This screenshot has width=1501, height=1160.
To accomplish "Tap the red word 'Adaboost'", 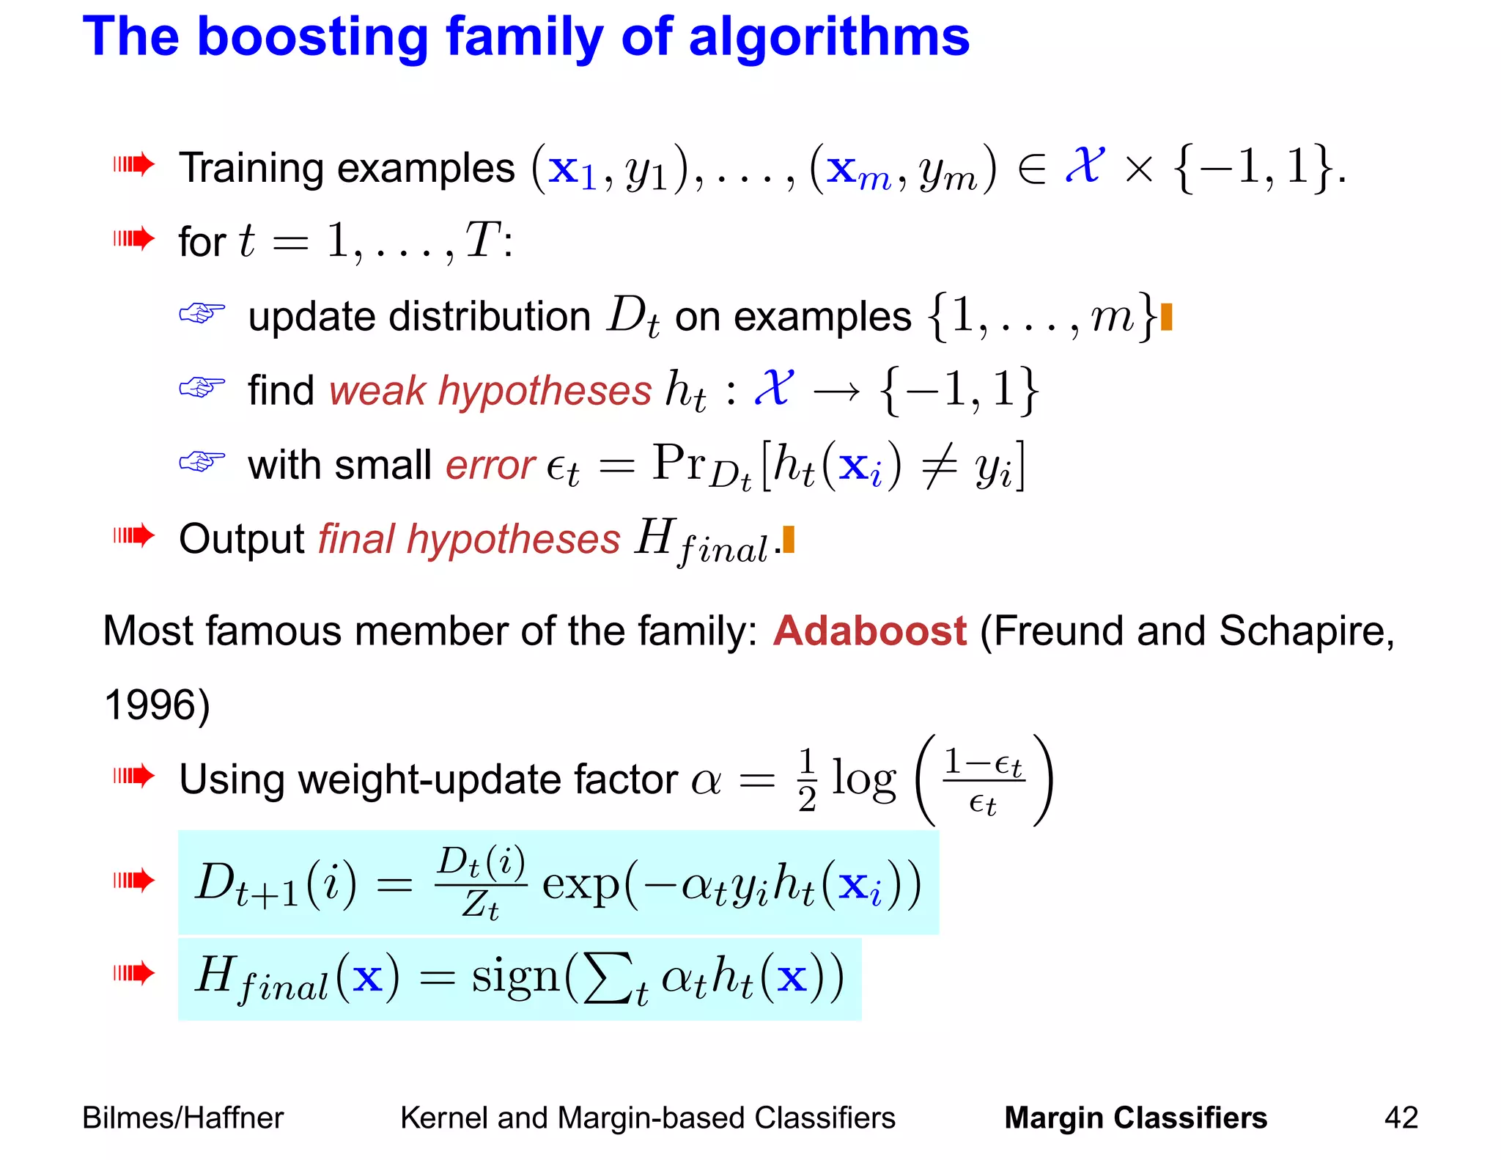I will pyautogui.click(x=870, y=631).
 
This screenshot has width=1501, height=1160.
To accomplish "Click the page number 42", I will pyautogui.click(x=1401, y=1117).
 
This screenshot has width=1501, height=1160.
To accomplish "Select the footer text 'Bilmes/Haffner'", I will pyautogui.click(x=182, y=1117).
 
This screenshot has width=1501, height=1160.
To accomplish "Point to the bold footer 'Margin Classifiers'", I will pyautogui.click(x=1135, y=1117).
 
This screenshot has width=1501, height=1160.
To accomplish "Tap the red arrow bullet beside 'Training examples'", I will pyautogui.click(x=133, y=164).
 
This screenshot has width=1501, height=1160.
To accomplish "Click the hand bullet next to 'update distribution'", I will pyautogui.click(x=202, y=313).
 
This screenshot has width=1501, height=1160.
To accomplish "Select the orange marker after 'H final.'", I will pyautogui.click(x=789, y=539).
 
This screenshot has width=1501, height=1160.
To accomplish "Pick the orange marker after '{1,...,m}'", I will pyautogui.click(x=1167, y=317).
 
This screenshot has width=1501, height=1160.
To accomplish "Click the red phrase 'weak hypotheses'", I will pyautogui.click(x=490, y=390).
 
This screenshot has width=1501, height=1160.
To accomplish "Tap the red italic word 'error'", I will pyautogui.click(x=490, y=465).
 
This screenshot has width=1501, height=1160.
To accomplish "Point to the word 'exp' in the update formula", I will pyautogui.click(x=580, y=884).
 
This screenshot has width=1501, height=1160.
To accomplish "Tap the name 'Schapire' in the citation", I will pyautogui.click(x=1306, y=631).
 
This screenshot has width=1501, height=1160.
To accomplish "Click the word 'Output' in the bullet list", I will pyautogui.click(x=242, y=539).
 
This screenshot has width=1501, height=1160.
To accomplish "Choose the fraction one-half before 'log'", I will pyautogui.click(x=807, y=780).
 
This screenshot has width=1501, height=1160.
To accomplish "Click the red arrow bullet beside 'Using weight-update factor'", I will pyautogui.click(x=133, y=775).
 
